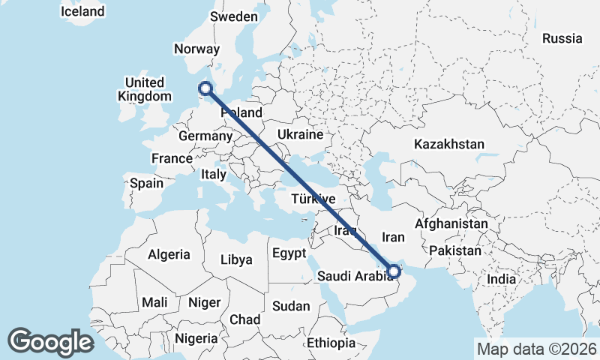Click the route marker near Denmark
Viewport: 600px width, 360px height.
click(x=205, y=89)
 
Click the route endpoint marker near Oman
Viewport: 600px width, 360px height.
click(x=394, y=271)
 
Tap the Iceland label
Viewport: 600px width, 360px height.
click(x=82, y=12)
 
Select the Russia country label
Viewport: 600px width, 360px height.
click(x=562, y=38)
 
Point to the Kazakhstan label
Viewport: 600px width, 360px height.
click(x=448, y=144)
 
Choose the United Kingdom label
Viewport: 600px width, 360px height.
click(x=145, y=89)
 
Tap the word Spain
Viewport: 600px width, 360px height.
click(x=146, y=183)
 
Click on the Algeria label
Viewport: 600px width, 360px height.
click(x=169, y=254)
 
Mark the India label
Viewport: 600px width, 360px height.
click(x=501, y=279)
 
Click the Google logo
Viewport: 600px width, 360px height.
click(x=50, y=341)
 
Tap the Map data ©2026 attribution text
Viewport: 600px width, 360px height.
click(x=536, y=349)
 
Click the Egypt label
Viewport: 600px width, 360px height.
click(x=289, y=253)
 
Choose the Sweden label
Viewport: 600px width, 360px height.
click(x=233, y=16)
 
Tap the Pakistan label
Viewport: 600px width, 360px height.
click(x=455, y=250)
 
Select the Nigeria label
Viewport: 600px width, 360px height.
click(x=196, y=338)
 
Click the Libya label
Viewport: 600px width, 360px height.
click(x=236, y=260)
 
